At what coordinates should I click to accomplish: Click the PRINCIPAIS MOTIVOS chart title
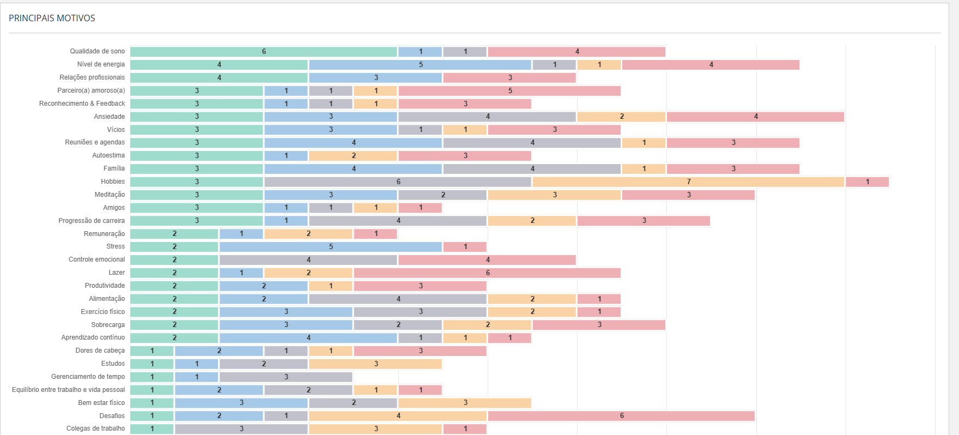[52, 18]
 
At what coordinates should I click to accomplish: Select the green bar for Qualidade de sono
[264, 52]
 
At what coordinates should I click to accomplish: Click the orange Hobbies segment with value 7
[688, 182]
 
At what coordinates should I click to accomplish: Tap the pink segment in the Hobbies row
[867, 182]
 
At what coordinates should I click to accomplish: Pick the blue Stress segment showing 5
[331, 247]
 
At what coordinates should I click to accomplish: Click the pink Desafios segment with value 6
[621, 416]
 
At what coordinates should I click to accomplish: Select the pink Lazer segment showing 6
[487, 273]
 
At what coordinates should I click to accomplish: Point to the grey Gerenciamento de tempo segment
[286, 377]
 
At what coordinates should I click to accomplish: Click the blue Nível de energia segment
[420, 65]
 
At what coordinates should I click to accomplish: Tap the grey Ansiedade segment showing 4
[487, 117]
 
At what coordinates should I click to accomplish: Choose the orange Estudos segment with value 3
[375, 364]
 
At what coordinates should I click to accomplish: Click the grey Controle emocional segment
[308, 260]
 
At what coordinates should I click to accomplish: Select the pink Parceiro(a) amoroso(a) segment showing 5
[509, 91]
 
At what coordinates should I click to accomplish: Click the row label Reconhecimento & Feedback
[82, 104]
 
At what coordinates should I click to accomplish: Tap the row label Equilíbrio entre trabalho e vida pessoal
[68, 390]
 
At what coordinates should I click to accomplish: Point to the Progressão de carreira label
[92, 221]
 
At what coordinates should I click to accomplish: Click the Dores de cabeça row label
[100, 351]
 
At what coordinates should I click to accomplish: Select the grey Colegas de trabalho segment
[241, 429]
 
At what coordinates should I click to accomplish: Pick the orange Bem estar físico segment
[465, 403]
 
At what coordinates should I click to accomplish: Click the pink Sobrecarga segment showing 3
[599, 325]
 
